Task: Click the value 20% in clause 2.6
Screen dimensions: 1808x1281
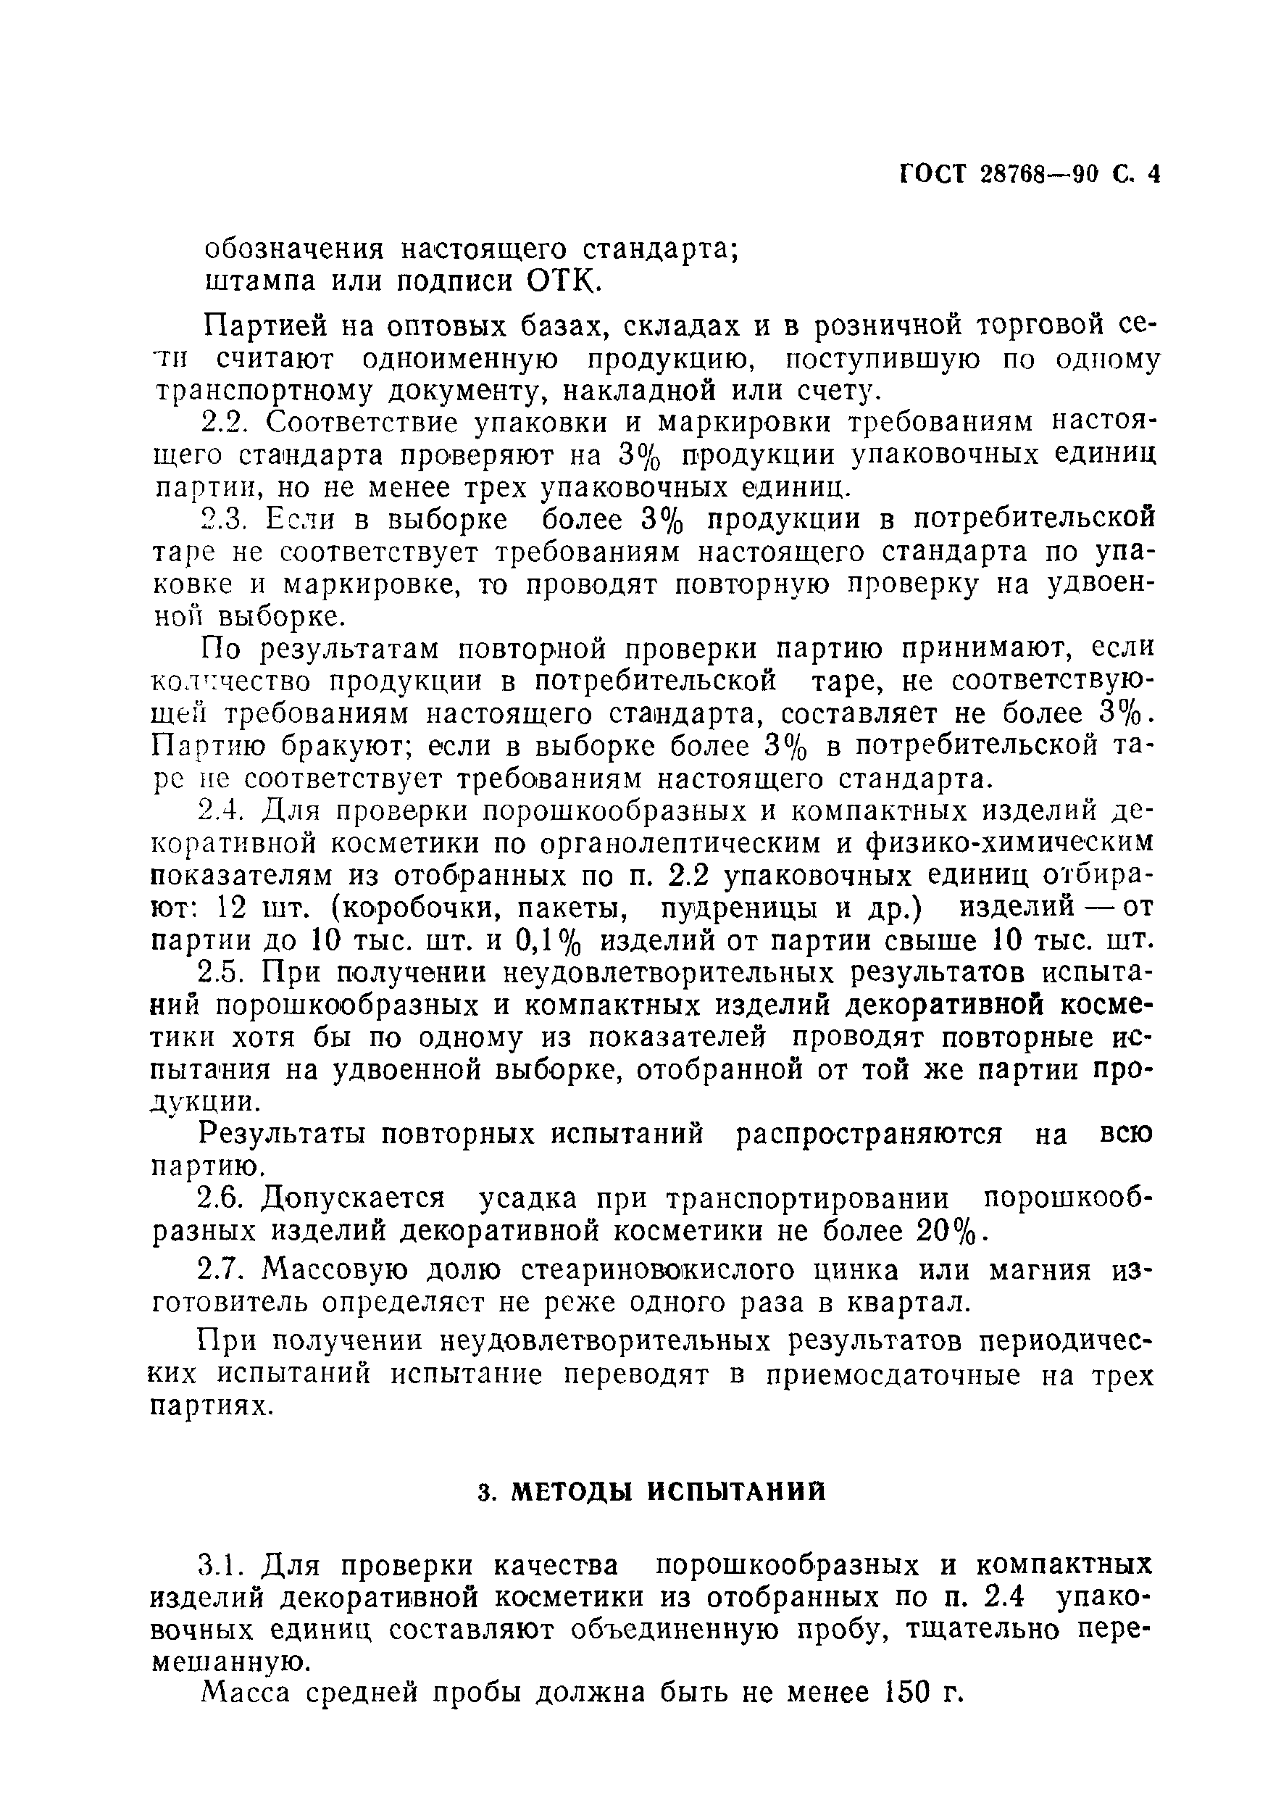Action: (951, 1232)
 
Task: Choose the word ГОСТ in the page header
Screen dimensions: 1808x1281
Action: (933, 195)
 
